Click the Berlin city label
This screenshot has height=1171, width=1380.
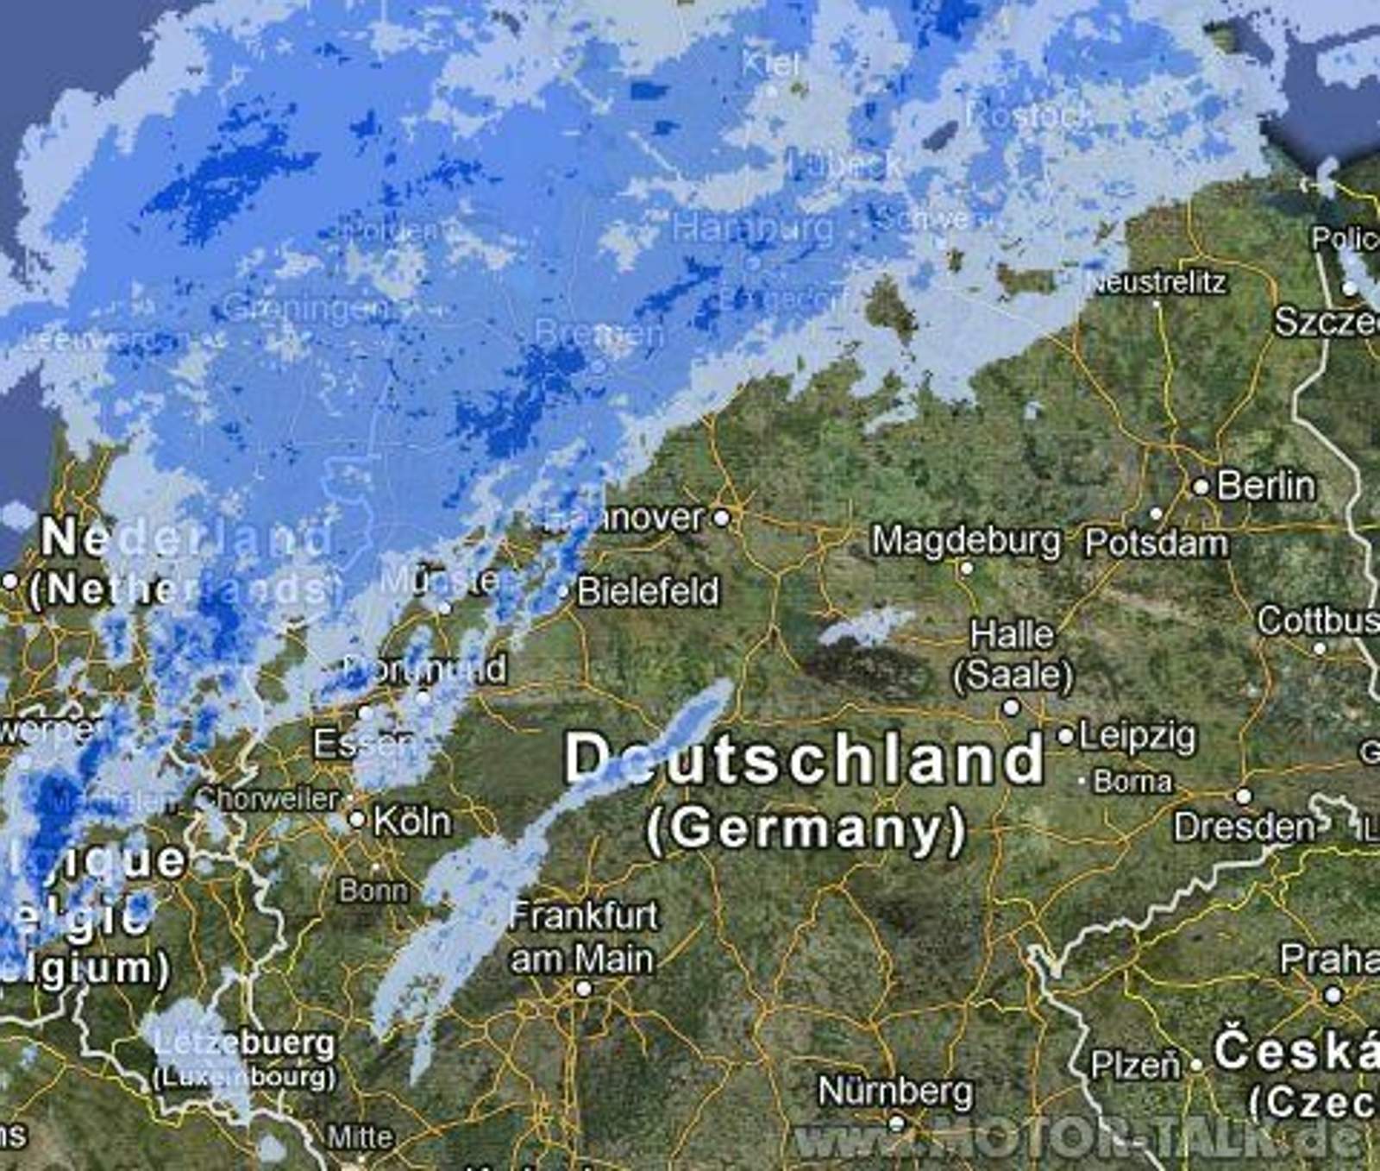(x=1266, y=486)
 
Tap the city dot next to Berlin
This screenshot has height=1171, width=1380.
(x=1201, y=487)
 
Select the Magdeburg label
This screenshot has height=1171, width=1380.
(x=966, y=541)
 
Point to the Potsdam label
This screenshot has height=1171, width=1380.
(x=1156, y=543)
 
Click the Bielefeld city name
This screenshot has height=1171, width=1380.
(x=648, y=592)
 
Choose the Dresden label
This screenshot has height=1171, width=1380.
(x=1245, y=827)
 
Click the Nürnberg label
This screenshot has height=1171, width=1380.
(x=895, y=1092)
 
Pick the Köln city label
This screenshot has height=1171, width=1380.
(x=412, y=821)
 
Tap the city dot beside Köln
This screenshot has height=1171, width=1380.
(x=357, y=819)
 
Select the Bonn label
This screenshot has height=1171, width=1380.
(x=373, y=890)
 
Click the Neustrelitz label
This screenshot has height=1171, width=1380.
(x=1158, y=282)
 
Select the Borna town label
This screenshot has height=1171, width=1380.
(x=1132, y=782)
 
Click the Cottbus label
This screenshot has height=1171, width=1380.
(x=1318, y=620)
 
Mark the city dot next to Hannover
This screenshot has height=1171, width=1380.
(x=722, y=518)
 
